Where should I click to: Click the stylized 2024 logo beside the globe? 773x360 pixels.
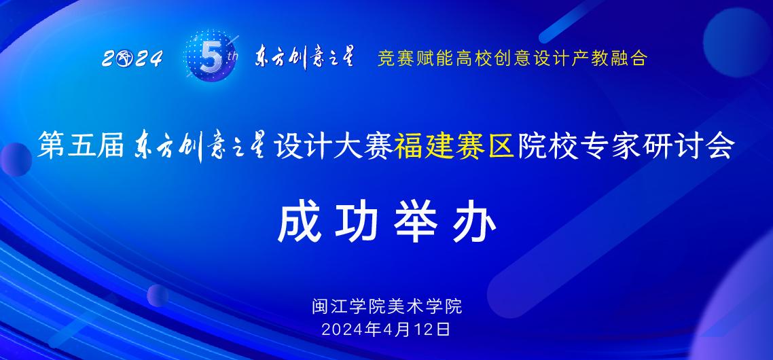tap(132, 59)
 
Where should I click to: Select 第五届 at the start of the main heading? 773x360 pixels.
tap(79, 146)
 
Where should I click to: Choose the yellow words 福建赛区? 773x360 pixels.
tap(454, 146)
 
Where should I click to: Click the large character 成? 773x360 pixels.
tap(299, 222)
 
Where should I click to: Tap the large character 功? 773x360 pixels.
tap(357, 222)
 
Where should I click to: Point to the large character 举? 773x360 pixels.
tap(415, 222)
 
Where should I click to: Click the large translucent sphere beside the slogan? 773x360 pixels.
tap(736, 34)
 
